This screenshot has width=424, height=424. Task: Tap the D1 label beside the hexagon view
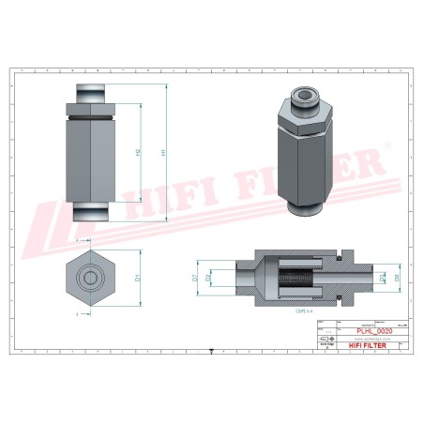[x=138, y=277]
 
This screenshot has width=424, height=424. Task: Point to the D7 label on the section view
[x=195, y=278]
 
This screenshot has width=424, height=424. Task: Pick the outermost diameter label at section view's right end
[x=398, y=278]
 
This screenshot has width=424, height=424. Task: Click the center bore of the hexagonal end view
[x=87, y=278]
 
